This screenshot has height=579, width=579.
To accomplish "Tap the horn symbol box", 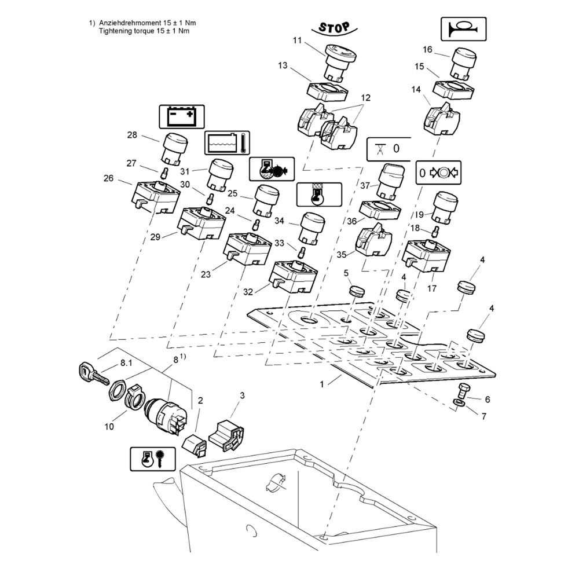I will tap(464, 28).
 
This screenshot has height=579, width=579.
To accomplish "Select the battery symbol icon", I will tap(181, 116).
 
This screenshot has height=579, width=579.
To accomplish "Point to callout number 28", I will tap(132, 135).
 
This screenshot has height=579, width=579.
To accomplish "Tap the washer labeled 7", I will tap(459, 401).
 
